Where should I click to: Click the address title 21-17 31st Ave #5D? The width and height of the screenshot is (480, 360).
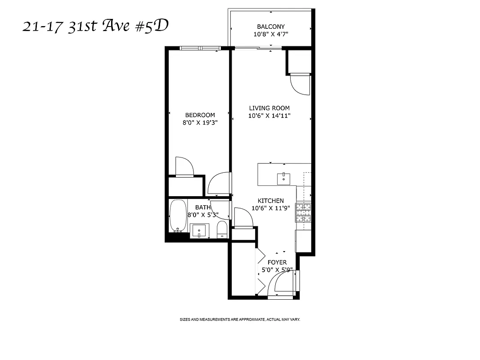[x=95, y=27]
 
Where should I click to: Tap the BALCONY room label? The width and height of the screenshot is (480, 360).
[x=270, y=27]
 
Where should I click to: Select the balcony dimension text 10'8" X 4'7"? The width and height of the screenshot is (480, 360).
[x=270, y=34]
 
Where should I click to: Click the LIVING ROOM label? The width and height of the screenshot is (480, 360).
[x=269, y=108]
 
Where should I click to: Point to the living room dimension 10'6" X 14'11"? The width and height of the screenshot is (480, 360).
[x=269, y=116]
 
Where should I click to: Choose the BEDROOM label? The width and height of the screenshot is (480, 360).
[x=200, y=115]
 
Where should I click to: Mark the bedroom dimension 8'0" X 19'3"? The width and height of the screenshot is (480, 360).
[x=200, y=122]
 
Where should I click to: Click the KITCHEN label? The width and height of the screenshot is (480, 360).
[x=270, y=201]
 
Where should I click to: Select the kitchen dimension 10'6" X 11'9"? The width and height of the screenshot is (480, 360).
[x=270, y=208]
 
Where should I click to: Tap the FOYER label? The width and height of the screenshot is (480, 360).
[x=277, y=262]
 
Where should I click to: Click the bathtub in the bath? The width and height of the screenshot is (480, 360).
[x=178, y=216]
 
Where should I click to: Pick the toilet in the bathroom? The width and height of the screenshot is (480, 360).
[x=222, y=230]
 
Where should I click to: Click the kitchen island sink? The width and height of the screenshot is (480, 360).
[x=284, y=178]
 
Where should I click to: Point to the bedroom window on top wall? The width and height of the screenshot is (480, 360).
[x=199, y=48]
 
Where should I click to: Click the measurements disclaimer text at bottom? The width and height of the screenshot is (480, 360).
[x=240, y=319]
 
